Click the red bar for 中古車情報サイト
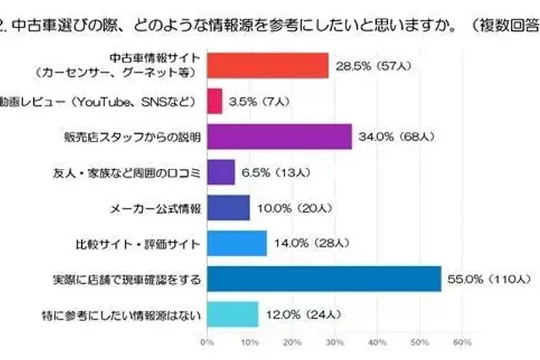tap(267, 66)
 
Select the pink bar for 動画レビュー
tap(215, 101)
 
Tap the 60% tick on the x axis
tap(462, 342)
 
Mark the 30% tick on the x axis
tap(335, 342)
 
